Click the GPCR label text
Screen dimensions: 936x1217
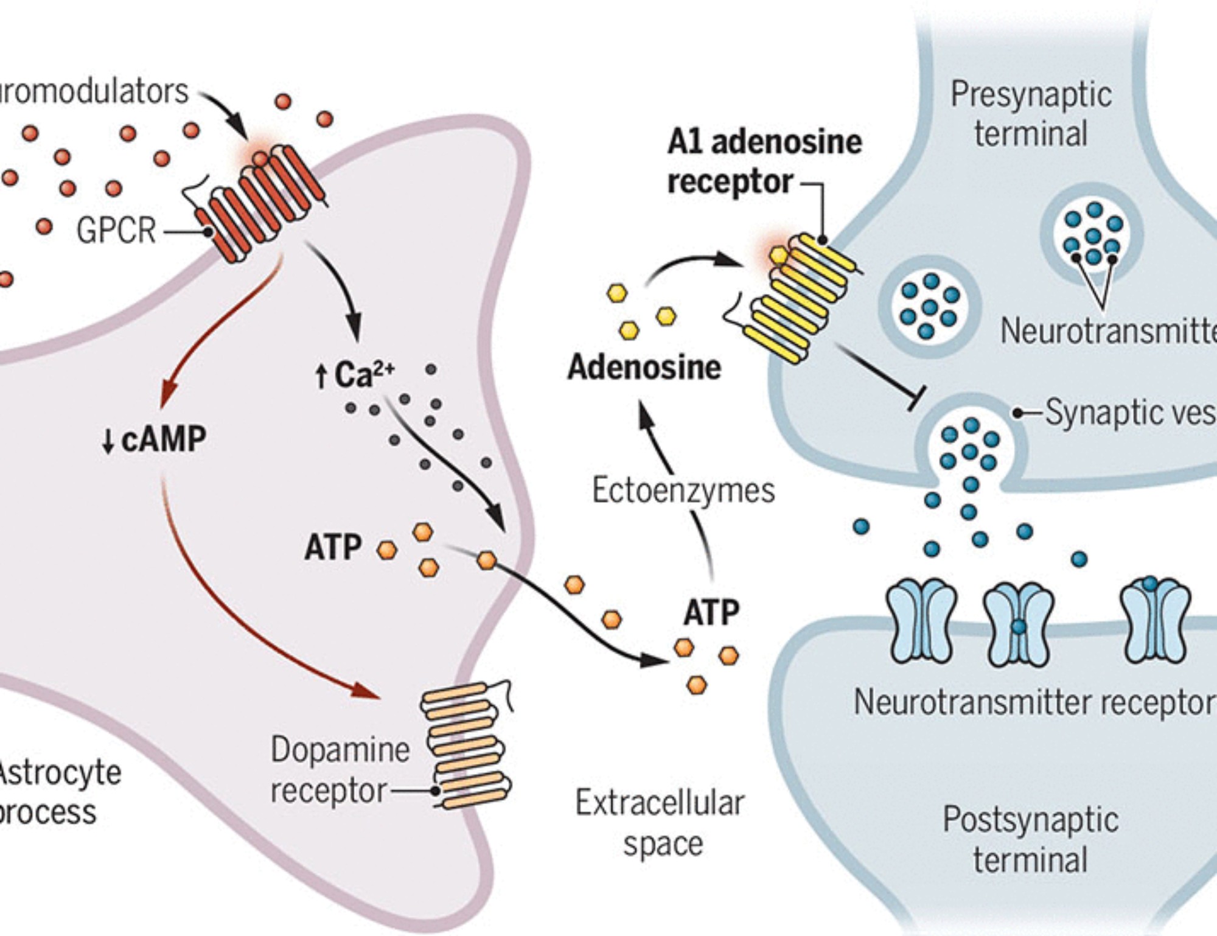116,231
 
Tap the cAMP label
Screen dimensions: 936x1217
163,439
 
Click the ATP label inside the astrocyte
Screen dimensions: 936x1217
333,547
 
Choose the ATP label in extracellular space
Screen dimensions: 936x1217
711,613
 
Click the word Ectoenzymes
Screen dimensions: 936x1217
683,491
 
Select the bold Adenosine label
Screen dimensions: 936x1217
644,368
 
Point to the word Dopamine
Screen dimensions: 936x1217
340,750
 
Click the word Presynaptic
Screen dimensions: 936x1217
1031,95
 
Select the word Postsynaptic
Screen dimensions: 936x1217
1030,820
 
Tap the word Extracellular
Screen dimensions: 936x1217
660,803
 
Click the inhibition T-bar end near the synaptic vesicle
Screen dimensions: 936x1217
916,397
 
